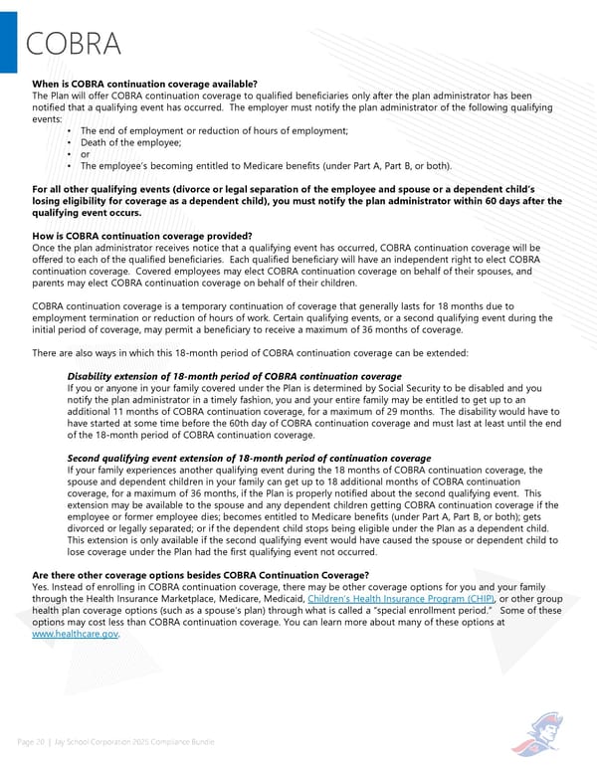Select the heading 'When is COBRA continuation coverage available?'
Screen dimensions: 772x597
145,84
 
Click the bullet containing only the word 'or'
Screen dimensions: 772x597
86,154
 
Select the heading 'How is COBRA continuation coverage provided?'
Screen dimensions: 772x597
141,236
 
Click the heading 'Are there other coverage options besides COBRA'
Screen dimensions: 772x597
200,575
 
